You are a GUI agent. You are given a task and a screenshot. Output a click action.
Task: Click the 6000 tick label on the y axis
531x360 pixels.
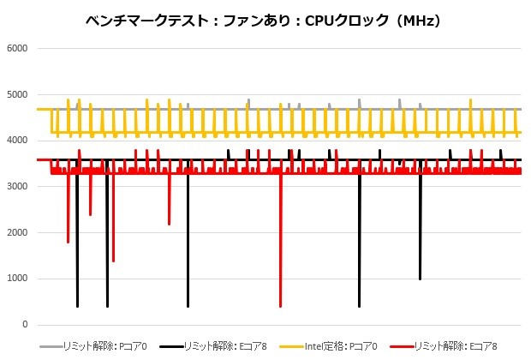(x=16, y=48)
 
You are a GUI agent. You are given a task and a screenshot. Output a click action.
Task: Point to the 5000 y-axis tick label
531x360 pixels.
(x=16, y=94)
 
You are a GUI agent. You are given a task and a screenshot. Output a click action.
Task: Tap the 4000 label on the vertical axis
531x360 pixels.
(x=16, y=141)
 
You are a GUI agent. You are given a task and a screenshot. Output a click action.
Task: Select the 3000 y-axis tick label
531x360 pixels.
(x=16, y=187)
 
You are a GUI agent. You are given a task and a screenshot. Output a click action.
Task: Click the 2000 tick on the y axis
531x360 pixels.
(x=16, y=233)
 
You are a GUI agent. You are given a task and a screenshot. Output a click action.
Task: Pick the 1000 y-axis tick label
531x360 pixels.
(x=16, y=279)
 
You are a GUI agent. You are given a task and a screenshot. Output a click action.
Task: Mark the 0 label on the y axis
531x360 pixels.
(x=25, y=325)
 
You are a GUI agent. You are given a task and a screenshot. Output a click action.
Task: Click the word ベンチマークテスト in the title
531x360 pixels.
(x=142, y=18)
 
